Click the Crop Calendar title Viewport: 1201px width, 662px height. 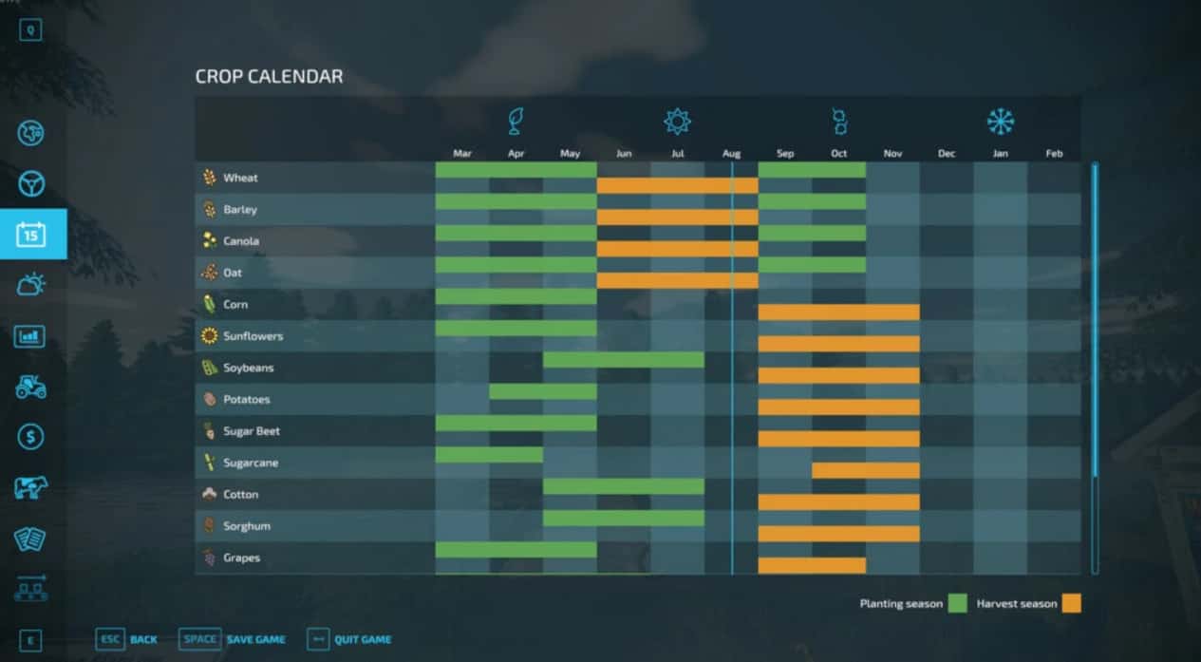(x=269, y=77)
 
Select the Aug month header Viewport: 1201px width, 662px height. (x=731, y=154)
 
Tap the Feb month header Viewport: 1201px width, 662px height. (x=1054, y=154)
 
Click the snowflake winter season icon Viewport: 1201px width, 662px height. (x=1000, y=122)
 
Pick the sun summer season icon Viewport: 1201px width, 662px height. (x=677, y=122)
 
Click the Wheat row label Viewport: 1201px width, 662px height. (x=240, y=178)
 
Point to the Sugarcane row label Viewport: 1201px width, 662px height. (x=251, y=463)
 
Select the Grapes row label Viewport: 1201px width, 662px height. (x=241, y=558)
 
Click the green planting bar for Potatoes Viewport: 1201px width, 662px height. (x=543, y=391)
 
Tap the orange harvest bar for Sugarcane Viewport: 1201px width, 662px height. (x=866, y=470)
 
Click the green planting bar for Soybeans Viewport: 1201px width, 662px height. (x=624, y=360)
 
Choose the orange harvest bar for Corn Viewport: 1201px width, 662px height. (x=838, y=312)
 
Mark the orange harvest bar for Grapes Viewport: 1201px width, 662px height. (x=812, y=565)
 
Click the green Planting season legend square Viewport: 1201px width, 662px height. (x=957, y=603)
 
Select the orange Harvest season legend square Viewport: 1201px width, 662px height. (x=1072, y=603)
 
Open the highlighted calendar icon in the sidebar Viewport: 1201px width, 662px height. (x=31, y=234)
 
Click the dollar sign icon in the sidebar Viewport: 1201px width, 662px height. (x=31, y=437)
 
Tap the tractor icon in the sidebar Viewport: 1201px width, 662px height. (x=31, y=387)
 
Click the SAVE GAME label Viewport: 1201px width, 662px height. (x=255, y=639)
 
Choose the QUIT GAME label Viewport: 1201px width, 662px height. (x=363, y=639)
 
